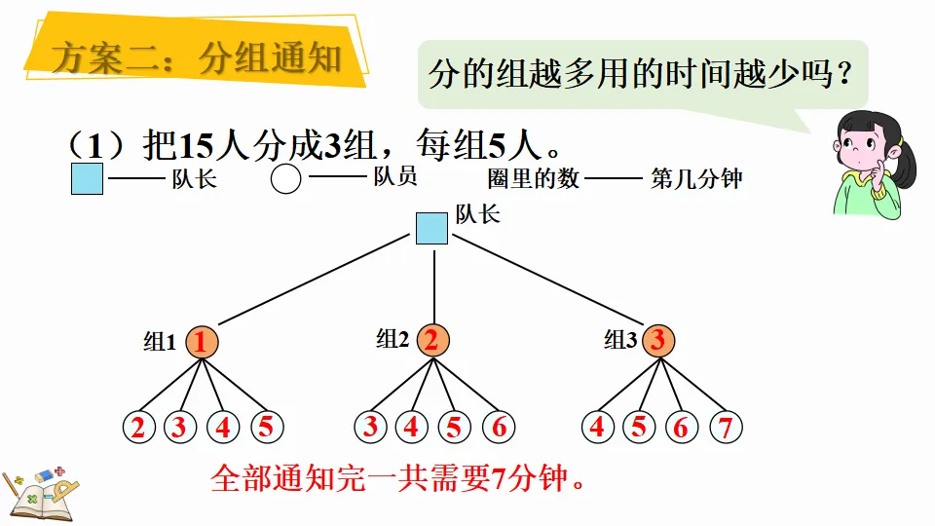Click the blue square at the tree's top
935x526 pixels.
click(432, 229)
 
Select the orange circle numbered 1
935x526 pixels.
click(202, 342)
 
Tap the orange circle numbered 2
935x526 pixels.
click(433, 340)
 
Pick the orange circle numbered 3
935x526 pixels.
click(658, 340)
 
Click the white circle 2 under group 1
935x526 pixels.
click(139, 427)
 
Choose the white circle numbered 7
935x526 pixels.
click(725, 427)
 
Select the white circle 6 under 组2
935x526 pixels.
click(498, 427)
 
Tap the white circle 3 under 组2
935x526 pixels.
click(370, 427)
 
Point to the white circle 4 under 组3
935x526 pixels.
click(597, 427)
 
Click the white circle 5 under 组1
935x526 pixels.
click(267, 427)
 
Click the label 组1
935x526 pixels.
click(160, 342)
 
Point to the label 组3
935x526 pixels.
click(620, 340)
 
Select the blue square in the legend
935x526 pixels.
click(88, 178)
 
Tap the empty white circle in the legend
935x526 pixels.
click(285, 179)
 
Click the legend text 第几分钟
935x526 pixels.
click(696, 178)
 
